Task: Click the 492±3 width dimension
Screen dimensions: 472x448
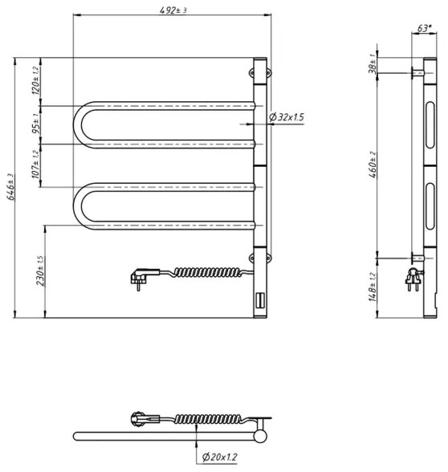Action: [x=171, y=10]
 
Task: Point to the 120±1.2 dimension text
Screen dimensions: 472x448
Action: [x=36, y=81]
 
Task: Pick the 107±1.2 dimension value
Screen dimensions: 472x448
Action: [x=36, y=167]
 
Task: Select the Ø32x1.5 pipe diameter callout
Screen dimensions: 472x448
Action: [x=287, y=117]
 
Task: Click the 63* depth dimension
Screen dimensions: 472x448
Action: [x=422, y=28]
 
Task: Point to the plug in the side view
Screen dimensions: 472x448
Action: [x=415, y=281]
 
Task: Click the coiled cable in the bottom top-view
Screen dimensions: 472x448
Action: [x=201, y=418]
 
